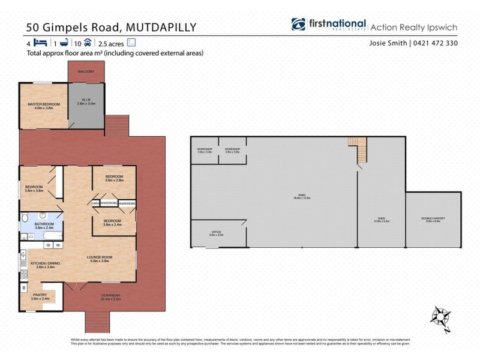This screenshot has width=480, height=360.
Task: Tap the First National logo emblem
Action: pos(299,25)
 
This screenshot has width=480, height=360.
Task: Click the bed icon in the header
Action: pos(41,43)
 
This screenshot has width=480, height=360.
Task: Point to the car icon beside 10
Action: pos(88,43)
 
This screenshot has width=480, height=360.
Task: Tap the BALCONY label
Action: pos(86,72)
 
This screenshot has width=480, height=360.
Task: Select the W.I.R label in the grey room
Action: pos(86,100)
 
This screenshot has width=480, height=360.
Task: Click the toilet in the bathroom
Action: pos(23,221)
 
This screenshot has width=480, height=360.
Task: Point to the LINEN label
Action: pos(95,203)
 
